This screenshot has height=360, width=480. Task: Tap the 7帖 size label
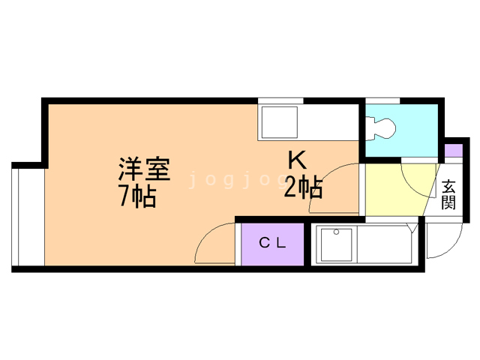136,196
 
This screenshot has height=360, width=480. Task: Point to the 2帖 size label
303,187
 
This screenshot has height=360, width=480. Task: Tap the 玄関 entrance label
448,194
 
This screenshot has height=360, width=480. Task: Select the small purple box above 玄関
453,149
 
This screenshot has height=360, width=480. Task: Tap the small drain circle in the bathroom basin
337,232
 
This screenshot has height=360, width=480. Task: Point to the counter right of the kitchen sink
330,121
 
